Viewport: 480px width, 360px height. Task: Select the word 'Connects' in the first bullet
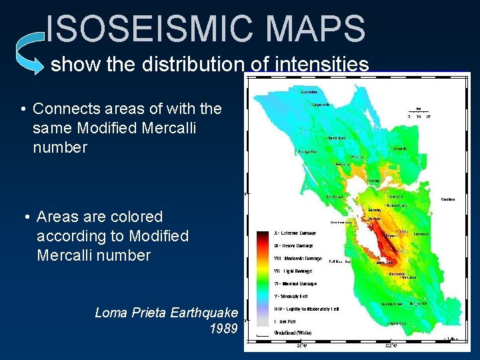[65, 108]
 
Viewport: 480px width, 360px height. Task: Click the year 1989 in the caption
[223, 329]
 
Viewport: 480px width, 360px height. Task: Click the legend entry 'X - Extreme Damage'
[294, 233]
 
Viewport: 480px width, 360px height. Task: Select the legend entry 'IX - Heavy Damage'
[293, 246]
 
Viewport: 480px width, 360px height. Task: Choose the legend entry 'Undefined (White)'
[293, 332]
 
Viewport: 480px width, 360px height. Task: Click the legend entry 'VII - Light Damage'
[293, 271]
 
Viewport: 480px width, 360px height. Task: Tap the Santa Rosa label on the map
[337, 139]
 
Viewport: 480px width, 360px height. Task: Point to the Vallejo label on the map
[375, 181]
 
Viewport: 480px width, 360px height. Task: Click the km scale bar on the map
[418, 111]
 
